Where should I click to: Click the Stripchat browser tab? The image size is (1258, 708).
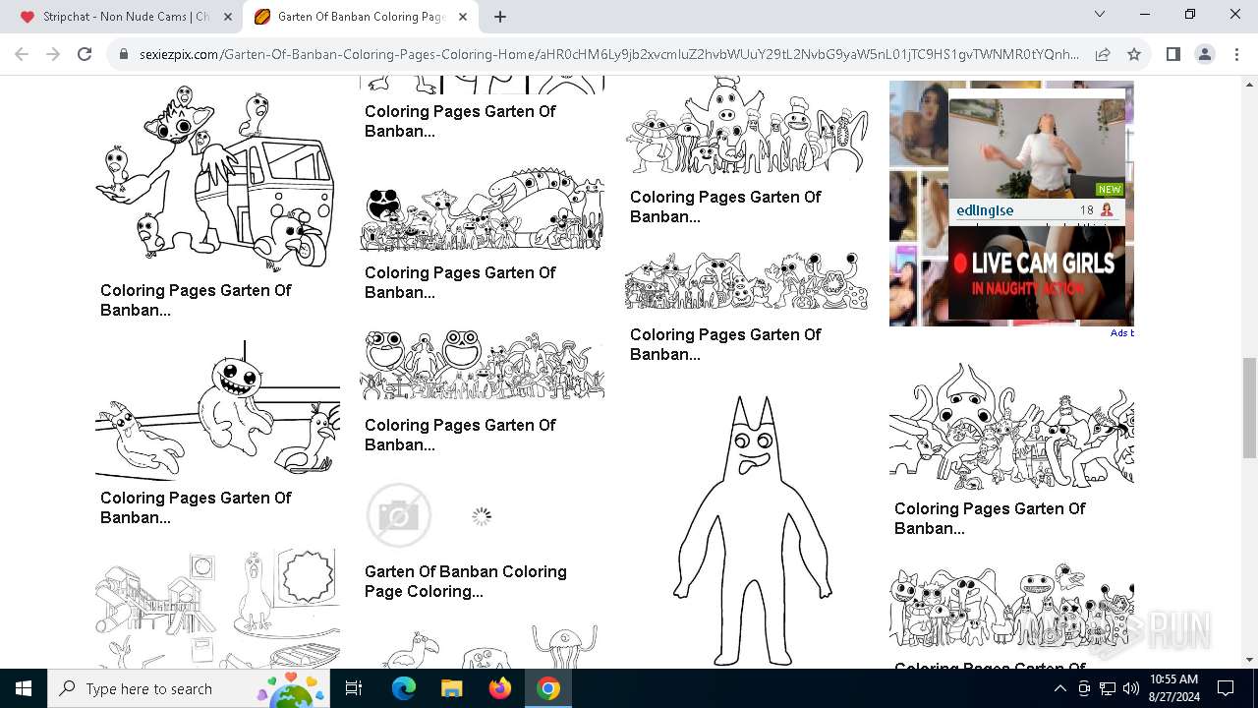coord(125,17)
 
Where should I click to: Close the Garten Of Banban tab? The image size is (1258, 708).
coord(463,17)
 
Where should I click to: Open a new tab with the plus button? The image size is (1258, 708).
coord(500,17)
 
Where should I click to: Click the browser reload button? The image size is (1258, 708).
coord(85,54)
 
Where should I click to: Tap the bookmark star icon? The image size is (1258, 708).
coord(1134,54)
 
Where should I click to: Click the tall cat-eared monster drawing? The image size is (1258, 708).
coord(752,531)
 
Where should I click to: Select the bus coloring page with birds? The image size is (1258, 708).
coord(216,177)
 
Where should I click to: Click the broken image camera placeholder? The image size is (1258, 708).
coord(399,515)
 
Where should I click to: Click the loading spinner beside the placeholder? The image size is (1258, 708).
coord(481,516)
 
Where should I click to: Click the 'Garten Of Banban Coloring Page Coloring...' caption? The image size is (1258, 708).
coord(465,581)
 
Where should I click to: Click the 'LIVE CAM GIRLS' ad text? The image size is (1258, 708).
coord(1042,264)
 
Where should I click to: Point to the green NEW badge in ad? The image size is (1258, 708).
coord(1110,189)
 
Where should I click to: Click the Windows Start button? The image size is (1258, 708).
coord(24,688)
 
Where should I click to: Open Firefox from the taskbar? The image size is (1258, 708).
coord(500,688)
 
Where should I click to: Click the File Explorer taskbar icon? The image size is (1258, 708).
coord(452,688)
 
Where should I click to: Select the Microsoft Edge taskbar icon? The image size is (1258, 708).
coord(404,688)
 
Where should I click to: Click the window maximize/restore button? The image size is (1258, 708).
coord(1189,15)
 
